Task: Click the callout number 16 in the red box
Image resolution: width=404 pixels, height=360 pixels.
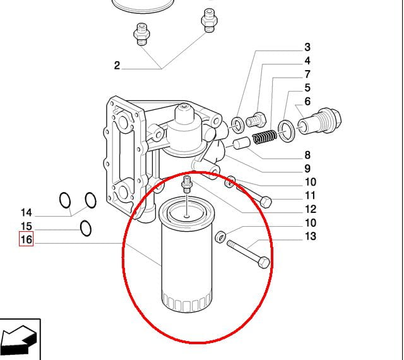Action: pyautogui.click(x=27, y=239)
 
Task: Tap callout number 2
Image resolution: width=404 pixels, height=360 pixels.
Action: pyautogui.click(x=117, y=65)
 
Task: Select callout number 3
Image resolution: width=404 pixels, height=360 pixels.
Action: pyautogui.click(x=307, y=47)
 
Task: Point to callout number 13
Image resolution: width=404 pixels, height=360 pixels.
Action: pyautogui.click(x=311, y=236)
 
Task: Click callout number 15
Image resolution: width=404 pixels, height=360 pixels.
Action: pyautogui.click(x=27, y=226)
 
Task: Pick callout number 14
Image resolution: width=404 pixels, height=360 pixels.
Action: pyautogui.click(x=27, y=212)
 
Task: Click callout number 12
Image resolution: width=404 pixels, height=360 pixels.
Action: pyautogui.click(x=311, y=209)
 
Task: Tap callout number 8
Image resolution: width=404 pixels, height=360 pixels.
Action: pyautogui.click(x=307, y=155)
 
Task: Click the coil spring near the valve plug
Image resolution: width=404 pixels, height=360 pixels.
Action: pyautogui.click(x=264, y=136)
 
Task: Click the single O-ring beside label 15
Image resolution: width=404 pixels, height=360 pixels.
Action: pyautogui.click(x=86, y=228)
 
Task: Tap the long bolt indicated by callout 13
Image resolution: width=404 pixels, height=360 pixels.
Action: pyautogui.click(x=248, y=254)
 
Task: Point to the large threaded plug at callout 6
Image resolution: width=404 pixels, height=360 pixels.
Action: pyautogui.click(x=319, y=121)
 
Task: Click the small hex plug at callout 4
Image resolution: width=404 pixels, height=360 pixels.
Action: pyautogui.click(x=256, y=120)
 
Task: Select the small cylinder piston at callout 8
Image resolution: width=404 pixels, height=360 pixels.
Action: pyautogui.click(x=242, y=143)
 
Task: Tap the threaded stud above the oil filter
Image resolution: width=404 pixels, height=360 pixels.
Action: pyautogui.click(x=186, y=184)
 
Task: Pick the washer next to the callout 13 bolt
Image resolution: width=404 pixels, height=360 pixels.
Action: pyautogui.click(x=220, y=237)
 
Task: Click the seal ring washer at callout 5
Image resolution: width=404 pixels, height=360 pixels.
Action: pyautogui.click(x=285, y=131)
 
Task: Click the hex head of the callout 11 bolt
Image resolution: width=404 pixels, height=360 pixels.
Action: pyautogui.click(x=266, y=202)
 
